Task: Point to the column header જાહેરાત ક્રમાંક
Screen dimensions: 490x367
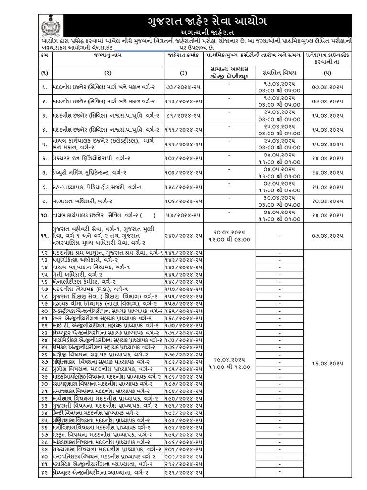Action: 184,56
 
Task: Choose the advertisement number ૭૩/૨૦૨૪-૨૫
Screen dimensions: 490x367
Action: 184,89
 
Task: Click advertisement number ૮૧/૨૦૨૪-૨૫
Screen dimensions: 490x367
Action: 184,116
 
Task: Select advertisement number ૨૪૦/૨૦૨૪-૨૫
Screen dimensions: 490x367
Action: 184,235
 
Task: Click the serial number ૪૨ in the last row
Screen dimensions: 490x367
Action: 44,473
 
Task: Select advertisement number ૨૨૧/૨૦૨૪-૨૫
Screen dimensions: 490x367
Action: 184,473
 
